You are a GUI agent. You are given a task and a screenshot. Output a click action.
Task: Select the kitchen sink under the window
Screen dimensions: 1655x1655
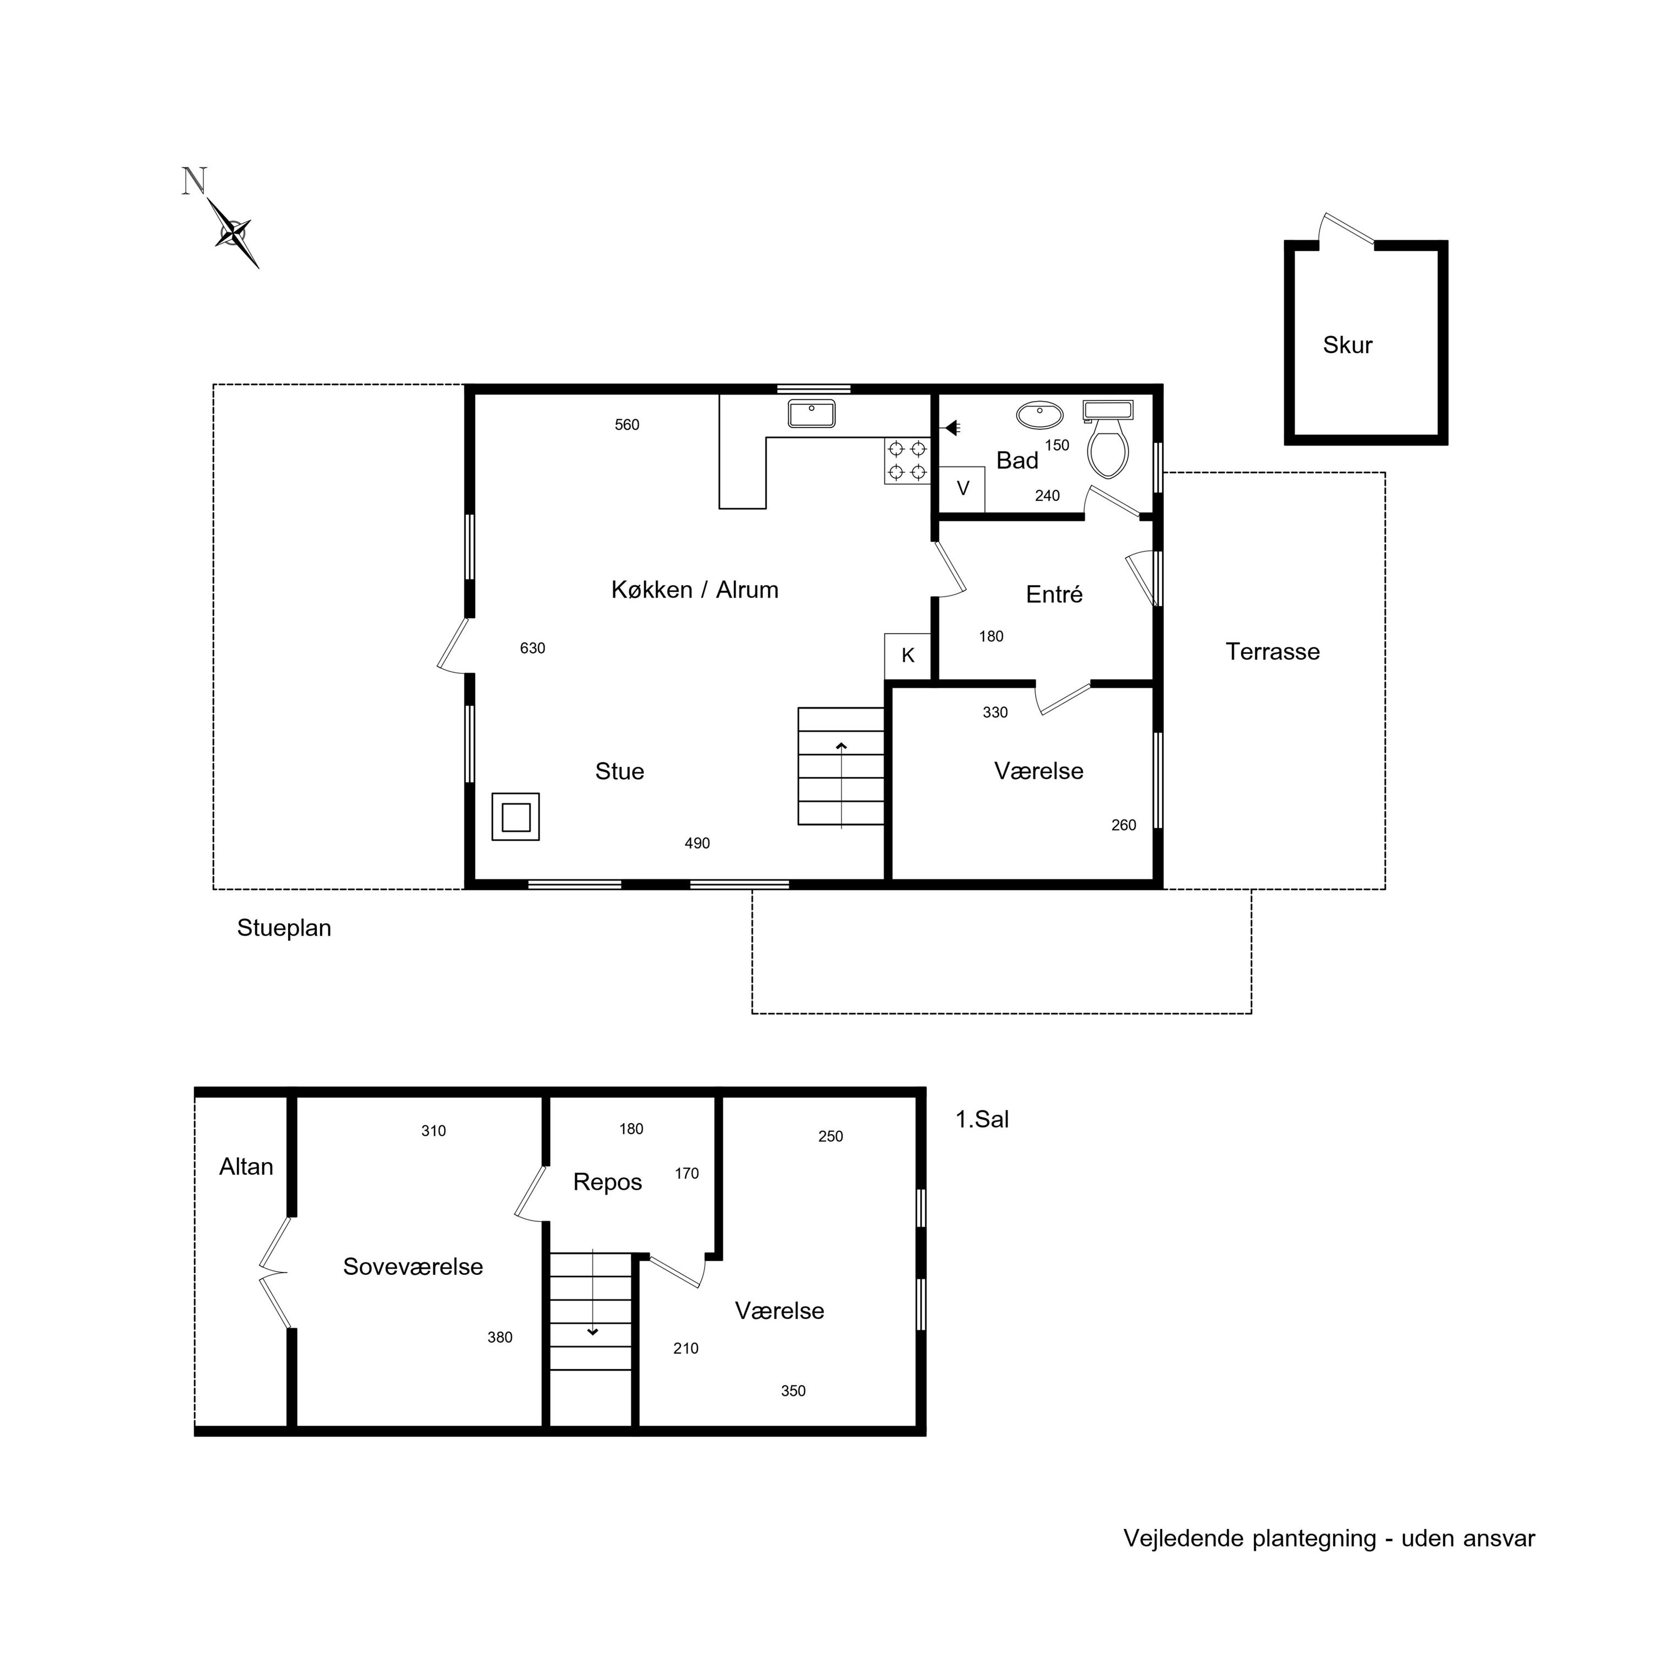[811, 414]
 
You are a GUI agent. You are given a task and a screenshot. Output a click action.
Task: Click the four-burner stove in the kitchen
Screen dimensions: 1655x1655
[907, 461]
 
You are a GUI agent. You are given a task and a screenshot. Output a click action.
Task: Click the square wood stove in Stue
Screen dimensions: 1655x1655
[516, 816]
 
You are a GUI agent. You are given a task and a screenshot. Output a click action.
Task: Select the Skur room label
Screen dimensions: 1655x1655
[1348, 345]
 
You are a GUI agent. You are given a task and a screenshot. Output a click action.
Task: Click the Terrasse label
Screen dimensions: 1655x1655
[1272, 652]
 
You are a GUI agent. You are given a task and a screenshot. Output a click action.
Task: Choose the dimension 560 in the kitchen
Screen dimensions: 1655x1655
[627, 425]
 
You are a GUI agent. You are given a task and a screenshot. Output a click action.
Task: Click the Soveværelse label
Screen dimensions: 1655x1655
[413, 1267]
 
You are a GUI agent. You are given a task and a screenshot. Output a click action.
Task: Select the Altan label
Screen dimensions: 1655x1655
[246, 1167]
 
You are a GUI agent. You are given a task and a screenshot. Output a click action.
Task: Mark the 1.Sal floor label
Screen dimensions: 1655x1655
[982, 1120]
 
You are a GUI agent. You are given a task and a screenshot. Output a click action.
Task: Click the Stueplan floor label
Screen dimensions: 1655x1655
[284, 928]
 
